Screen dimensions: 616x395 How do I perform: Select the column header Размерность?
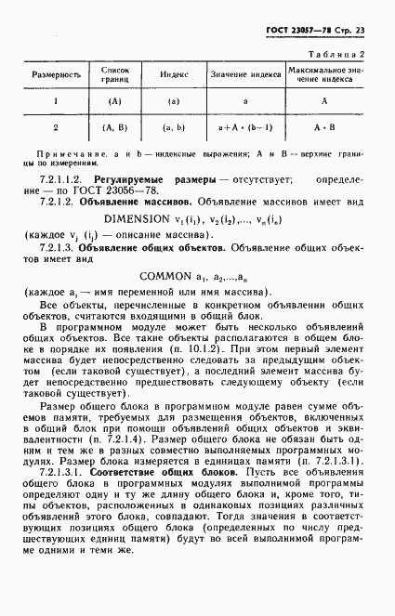pyautogui.click(x=56, y=73)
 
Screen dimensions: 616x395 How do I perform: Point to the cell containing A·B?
pyautogui.click(x=324, y=127)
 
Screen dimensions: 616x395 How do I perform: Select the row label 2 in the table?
pyautogui.click(x=56, y=127)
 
